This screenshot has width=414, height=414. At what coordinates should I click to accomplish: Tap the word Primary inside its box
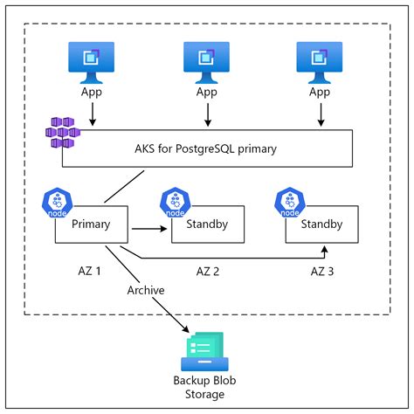pos(92,224)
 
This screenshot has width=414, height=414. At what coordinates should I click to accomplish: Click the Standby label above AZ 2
pos(207,224)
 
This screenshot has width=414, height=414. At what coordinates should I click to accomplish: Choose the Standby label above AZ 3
pos(321,224)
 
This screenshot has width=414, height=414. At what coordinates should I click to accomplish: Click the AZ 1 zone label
pos(92,272)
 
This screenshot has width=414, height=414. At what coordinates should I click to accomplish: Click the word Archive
pos(145,290)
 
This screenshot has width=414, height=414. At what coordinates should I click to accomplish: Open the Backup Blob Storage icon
pos(205,351)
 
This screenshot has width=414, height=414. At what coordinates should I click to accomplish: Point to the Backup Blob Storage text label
pos(205,388)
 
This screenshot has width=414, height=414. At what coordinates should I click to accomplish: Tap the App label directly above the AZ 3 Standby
pos(321,92)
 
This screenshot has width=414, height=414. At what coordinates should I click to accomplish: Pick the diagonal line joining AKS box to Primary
pos(124,185)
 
